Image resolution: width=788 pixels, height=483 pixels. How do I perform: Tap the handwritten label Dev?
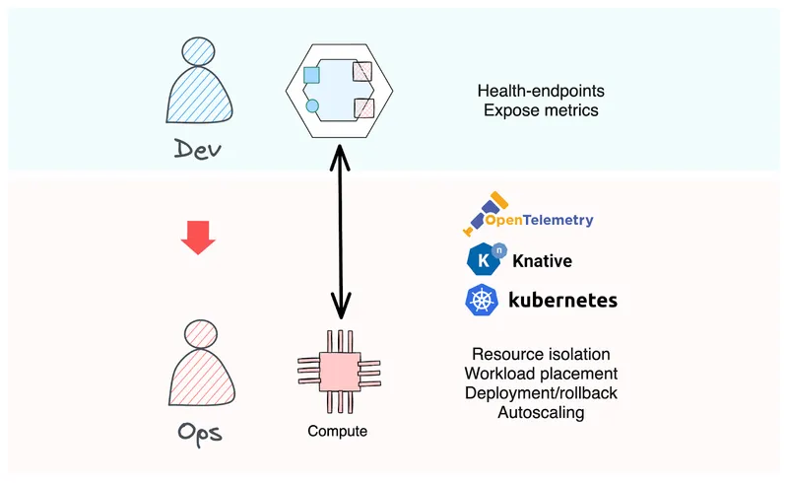click(x=199, y=150)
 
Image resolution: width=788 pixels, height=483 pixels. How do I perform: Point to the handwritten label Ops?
click(x=199, y=434)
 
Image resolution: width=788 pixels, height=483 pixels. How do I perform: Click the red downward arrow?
click(x=199, y=238)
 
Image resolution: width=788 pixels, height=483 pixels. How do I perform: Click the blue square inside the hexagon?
click(x=312, y=75)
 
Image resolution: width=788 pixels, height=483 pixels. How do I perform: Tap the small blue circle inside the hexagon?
click(x=313, y=105)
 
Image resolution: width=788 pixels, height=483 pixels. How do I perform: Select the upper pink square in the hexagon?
click(x=362, y=71)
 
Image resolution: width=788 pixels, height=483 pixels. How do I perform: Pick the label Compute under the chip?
click(x=338, y=431)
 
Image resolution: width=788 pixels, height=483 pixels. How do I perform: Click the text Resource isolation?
click(x=541, y=354)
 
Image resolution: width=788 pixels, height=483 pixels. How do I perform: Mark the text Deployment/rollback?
click(x=541, y=393)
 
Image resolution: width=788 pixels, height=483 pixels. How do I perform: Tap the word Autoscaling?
click(x=541, y=413)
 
